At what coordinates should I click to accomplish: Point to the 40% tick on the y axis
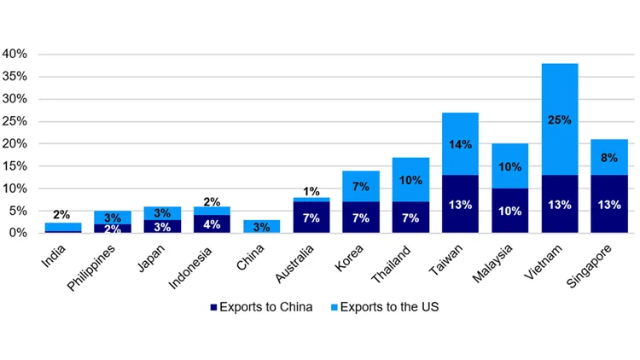click(16, 54)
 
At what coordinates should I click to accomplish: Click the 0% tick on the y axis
click(20, 232)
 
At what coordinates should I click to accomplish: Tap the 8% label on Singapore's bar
click(608, 157)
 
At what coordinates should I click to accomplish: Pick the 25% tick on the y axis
click(16, 120)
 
